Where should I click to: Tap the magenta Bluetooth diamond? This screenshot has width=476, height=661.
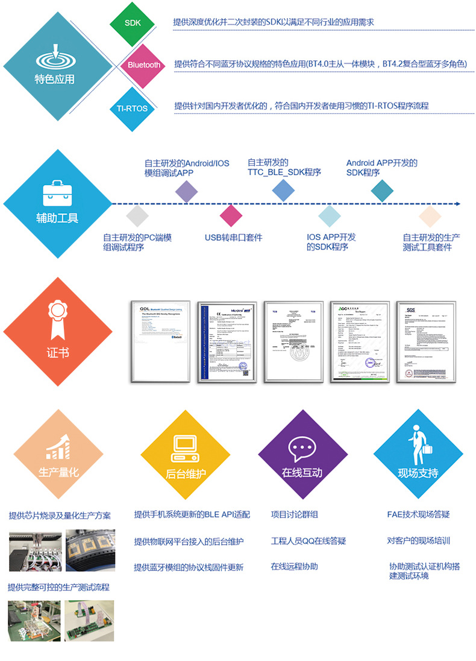point(144,65)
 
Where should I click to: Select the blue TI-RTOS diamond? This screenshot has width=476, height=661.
point(131,109)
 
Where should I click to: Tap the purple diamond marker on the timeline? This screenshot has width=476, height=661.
point(186,191)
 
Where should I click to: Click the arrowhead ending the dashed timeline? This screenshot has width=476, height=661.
point(457,204)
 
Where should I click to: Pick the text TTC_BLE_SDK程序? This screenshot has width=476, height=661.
point(284,172)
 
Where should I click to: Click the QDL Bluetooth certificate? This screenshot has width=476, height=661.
point(160,342)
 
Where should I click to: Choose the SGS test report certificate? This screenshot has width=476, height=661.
point(425,342)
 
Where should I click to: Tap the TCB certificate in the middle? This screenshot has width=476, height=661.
point(293,342)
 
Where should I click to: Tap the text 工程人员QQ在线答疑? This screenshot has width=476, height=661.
point(308,541)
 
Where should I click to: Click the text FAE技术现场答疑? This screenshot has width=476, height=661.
point(418,514)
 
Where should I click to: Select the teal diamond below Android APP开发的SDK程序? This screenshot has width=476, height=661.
point(382,191)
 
